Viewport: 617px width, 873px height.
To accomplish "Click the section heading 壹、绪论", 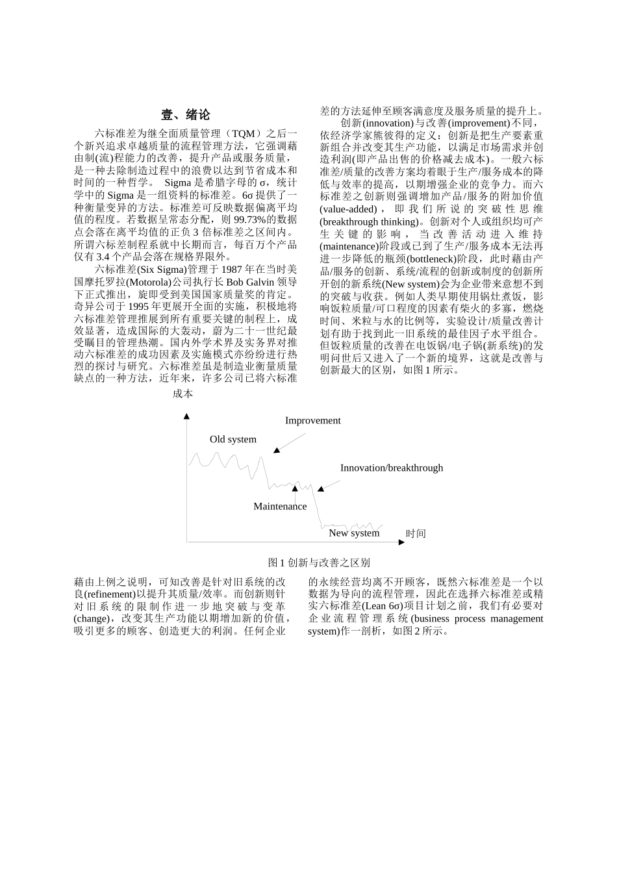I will pyautogui.click(x=185, y=115).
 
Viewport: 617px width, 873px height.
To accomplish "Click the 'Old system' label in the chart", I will pyautogui.click(x=233, y=439).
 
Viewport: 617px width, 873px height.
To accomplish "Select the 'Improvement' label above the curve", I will pyautogui.click(x=312, y=420).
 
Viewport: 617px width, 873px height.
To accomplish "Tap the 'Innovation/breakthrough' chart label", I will pyautogui.click(x=392, y=468).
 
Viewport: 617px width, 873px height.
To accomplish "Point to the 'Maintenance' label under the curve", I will pyautogui.click(x=280, y=506).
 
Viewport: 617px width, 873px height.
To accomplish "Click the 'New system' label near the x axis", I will pyautogui.click(x=354, y=533).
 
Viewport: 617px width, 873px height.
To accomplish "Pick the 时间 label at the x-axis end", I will pyautogui.click(x=416, y=533).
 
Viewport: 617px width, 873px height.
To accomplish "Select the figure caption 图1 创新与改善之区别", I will pyautogui.click(x=319, y=563).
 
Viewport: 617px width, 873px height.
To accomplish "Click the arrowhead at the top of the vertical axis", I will pyautogui.click(x=187, y=416).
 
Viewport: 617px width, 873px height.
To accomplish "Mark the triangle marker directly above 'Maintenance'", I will pyautogui.click(x=295, y=488).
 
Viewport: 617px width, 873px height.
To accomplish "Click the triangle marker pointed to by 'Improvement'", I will pyautogui.click(x=277, y=449).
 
